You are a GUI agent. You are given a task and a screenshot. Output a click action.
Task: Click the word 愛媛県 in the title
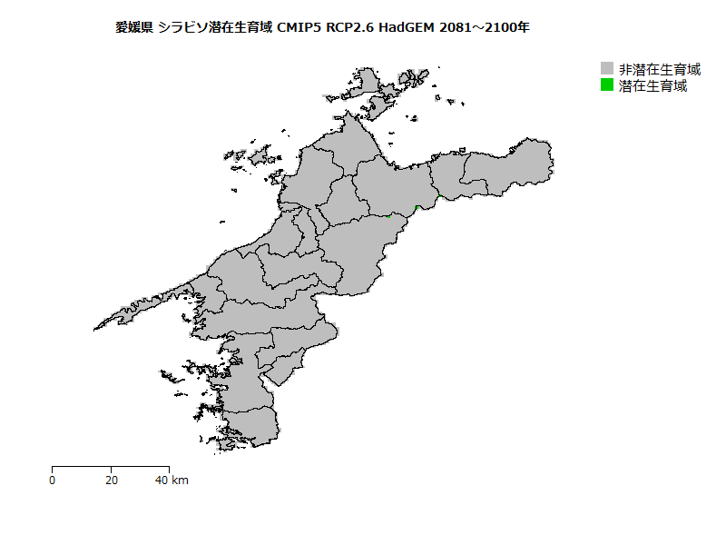(133, 28)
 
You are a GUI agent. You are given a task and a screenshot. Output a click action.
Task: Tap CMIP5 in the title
(299, 28)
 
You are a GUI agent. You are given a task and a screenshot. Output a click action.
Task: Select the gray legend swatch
(607, 69)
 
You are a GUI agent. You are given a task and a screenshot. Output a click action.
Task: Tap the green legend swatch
(607, 85)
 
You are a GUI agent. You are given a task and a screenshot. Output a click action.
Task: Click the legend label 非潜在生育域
(660, 69)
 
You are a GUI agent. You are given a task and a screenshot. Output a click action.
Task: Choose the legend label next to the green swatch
(652, 86)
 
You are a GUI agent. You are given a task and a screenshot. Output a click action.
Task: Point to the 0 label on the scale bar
(53, 480)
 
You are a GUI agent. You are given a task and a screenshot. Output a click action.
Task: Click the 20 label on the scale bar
(112, 480)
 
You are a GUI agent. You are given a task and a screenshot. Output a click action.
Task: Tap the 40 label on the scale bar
(162, 480)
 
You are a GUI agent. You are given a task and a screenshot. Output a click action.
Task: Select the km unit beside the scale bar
(180, 480)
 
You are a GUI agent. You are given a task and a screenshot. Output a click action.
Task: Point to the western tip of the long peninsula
(94, 330)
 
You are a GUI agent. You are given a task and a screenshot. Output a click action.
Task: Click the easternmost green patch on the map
(439, 196)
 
